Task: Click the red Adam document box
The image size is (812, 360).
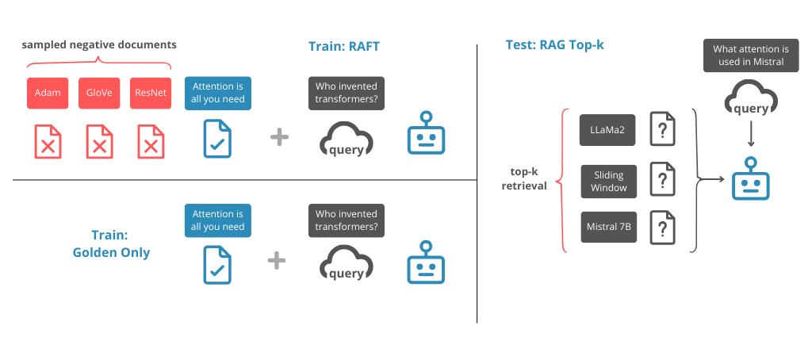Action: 47,93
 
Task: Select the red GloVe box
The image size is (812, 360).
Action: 98,93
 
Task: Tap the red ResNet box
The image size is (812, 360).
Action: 150,93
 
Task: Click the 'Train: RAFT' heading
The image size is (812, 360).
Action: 344,47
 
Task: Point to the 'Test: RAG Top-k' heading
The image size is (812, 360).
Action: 554,44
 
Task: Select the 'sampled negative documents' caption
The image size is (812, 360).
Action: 99,44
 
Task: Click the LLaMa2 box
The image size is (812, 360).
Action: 608,129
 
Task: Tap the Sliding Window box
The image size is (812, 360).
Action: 608,181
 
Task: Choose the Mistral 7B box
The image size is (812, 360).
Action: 608,227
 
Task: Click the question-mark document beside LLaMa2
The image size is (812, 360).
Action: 663,128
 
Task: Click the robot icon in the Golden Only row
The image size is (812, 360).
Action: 426,264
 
